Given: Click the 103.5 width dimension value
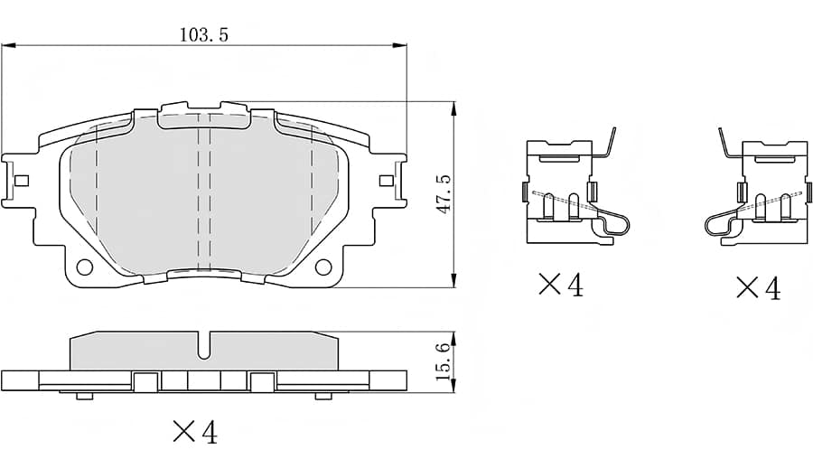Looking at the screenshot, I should [x=204, y=35].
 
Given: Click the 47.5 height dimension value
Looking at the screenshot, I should [x=442, y=194].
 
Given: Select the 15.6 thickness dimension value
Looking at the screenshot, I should [x=442, y=361].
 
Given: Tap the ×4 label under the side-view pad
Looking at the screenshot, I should [x=194, y=432].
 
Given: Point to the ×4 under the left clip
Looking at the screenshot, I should [x=560, y=286].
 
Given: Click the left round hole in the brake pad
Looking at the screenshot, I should [x=85, y=267].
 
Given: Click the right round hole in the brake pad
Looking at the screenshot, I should [x=322, y=267].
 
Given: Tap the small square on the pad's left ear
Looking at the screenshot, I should [x=22, y=180].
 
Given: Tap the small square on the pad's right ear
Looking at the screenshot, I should [x=386, y=180].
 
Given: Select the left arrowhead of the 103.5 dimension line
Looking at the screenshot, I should [x=7, y=45].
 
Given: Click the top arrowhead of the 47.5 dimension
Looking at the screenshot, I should [x=452, y=107].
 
